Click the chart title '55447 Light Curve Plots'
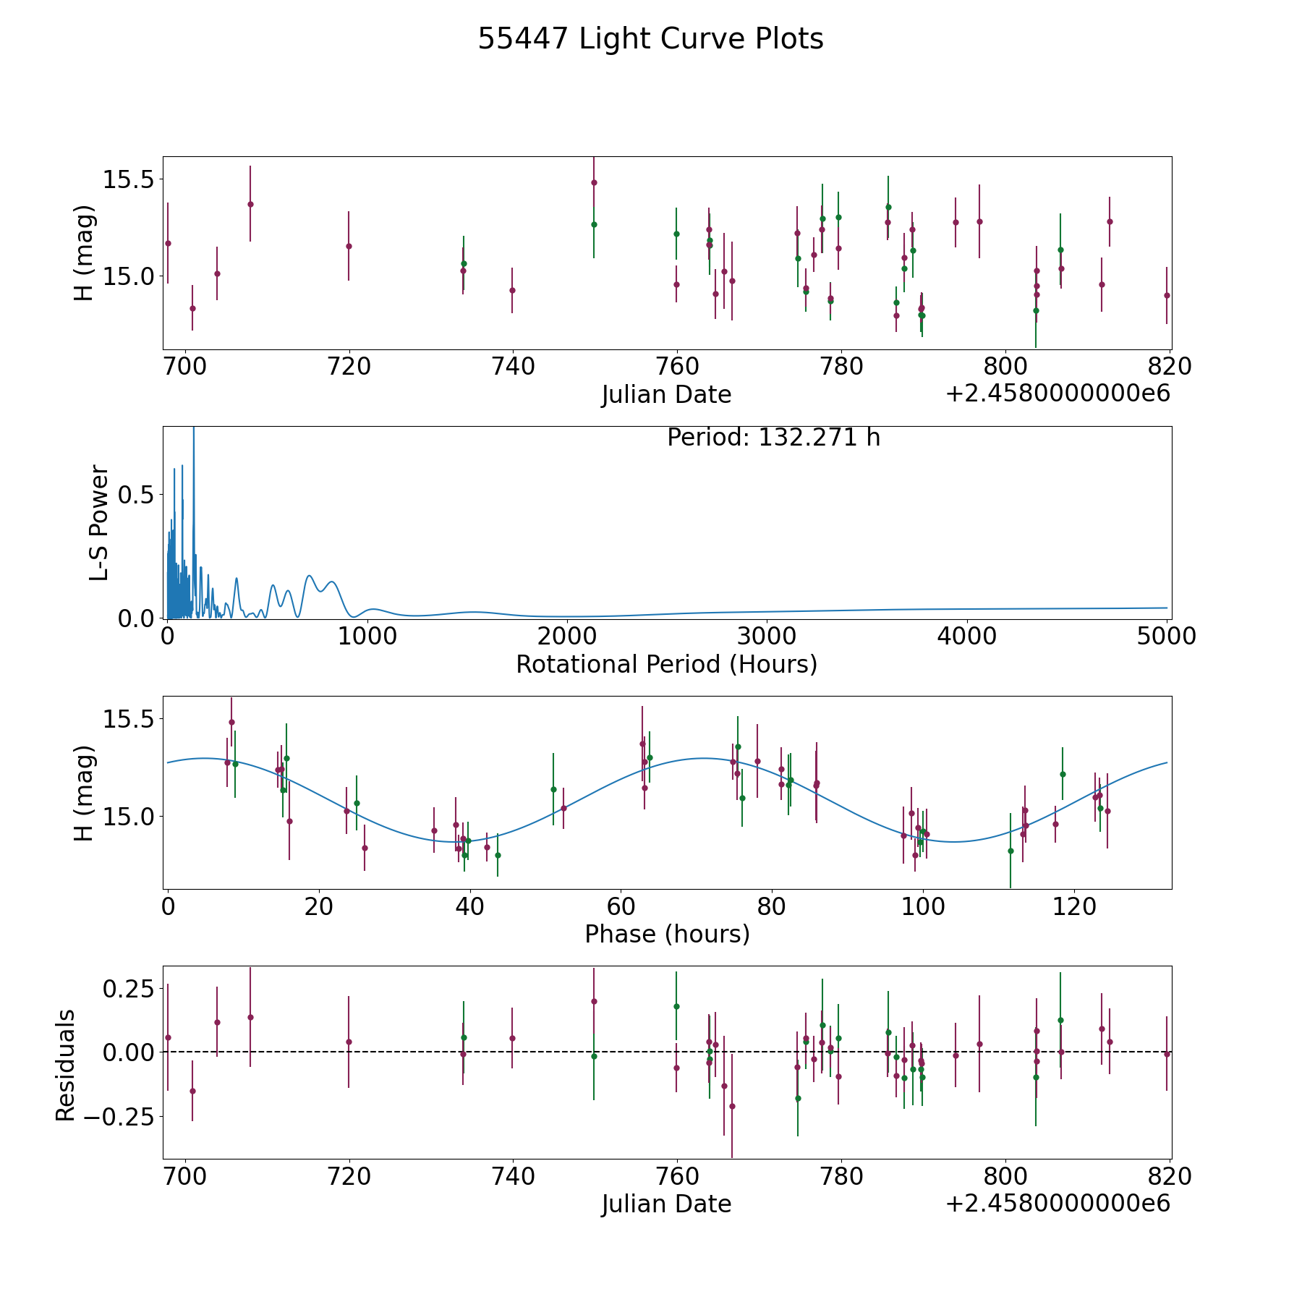[650, 39]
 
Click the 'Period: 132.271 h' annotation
[773, 438]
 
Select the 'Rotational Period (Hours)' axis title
[666, 664]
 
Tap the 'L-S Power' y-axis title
[99, 522]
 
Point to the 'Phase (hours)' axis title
[667, 934]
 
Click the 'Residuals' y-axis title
[66, 1065]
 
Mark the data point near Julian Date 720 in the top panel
[349, 246]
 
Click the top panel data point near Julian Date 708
[250, 204]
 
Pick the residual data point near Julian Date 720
[349, 1042]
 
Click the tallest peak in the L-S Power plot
[193, 428]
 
